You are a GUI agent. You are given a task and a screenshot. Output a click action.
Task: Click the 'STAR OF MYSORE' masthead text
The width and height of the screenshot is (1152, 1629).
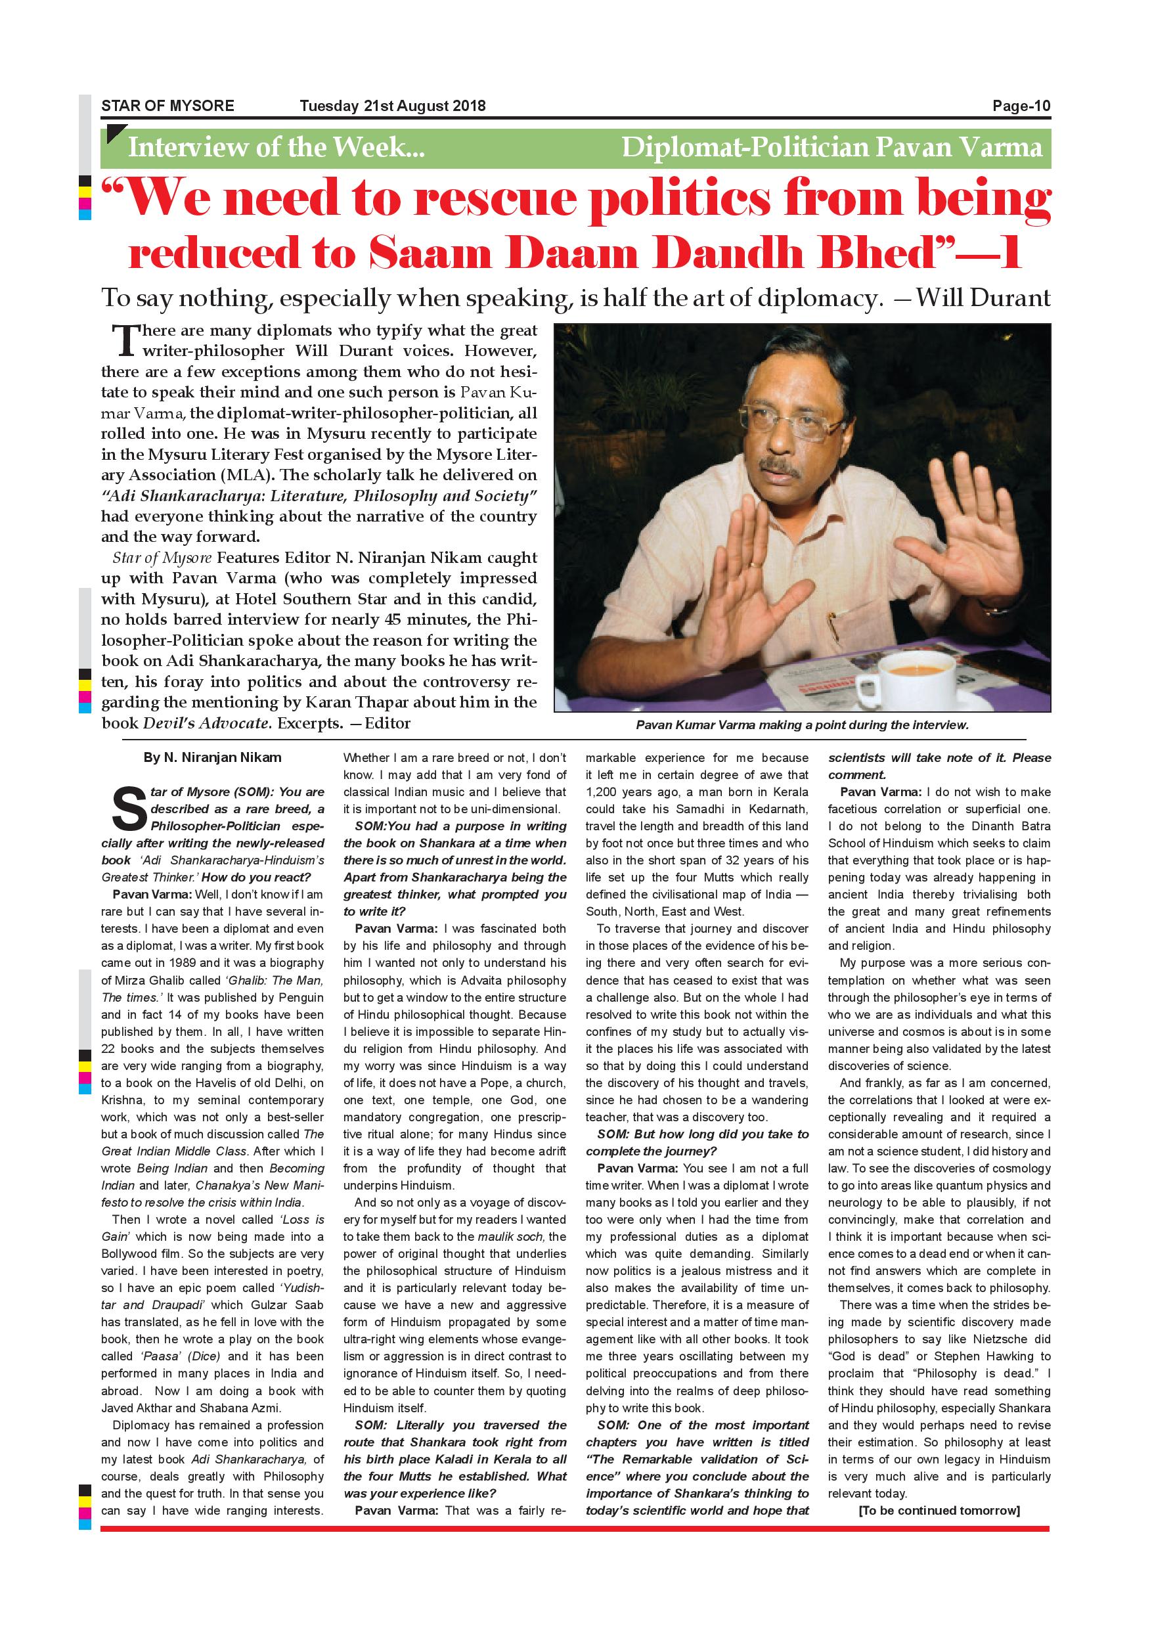point(167,106)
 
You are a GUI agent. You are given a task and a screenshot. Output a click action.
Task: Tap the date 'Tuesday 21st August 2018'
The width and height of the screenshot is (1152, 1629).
point(392,106)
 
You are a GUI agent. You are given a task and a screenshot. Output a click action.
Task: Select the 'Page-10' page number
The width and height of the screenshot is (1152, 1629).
point(1021,106)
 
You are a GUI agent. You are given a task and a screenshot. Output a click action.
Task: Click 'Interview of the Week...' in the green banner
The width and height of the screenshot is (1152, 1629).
point(276,148)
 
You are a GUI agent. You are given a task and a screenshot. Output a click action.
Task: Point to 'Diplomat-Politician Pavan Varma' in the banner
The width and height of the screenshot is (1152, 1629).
point(831,148)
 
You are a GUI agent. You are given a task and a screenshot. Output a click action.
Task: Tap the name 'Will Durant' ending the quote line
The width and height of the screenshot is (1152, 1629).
point(983,298)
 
